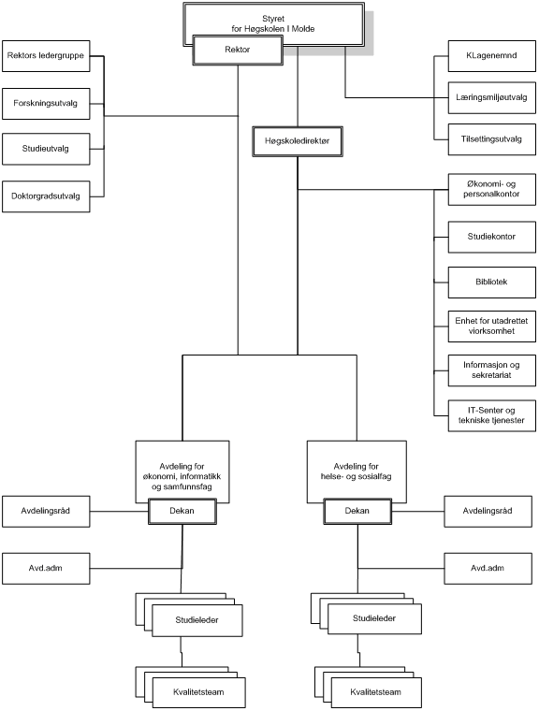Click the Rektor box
pyautogui.click(x=238, y=50)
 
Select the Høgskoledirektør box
pyautogui.click(x=298, y=141)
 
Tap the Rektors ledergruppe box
pyautogui.click(x=46, y=56)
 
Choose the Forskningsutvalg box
pyautogui.click(x=46, y=104)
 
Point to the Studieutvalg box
pyautogui.click(x=46, y=149)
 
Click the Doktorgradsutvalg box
pyautogui.click(x=46, y=196)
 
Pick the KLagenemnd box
pyautogui.click(x=492, y=56)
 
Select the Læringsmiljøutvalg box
pyautogui.click(x=492, y=97)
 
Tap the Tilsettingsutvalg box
pyautogui.click(x=492, y=139)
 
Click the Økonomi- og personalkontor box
pyautogui.click(x=492, y=189)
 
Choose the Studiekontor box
pyautogui.click(x=492, y=237)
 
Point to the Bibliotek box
pyautogui.click(x=492, y=282)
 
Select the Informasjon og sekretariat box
pyautogui.click(x=492, y=370)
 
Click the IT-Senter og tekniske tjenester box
pyautogui.click(x=492, y=415)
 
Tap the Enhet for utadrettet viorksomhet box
pyautogui.click(x=492, y=326)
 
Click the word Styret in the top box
pyautogui.click(x=273, y=19)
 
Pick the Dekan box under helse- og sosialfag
pyautogui.click(x=357, y=511)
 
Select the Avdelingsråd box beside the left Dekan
pyautogui.click(x=46, y=512)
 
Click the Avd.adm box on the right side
pyautogui.click(x=488, y=568)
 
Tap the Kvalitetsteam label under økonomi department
pyautogui.click(x=198, y=692)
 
